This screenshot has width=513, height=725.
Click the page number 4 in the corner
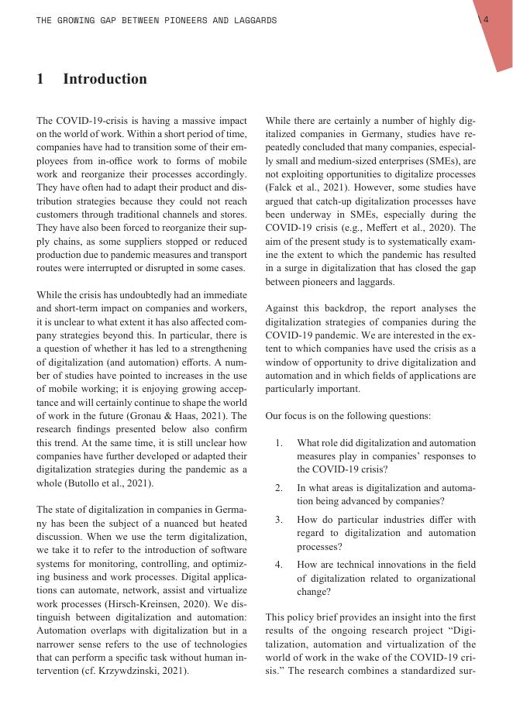coord(486,20)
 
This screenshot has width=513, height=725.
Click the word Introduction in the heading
coord(105,79)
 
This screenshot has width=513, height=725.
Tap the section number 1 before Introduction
coord(40,79)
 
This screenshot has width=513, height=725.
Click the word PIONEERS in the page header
coord(184,20)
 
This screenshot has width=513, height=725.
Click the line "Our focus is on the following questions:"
coord(348,416)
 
